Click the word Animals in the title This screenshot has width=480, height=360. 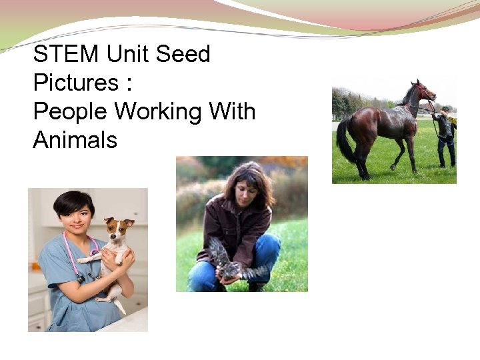[x=75, y=140]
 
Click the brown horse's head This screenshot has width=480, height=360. [x=423, y=91]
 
